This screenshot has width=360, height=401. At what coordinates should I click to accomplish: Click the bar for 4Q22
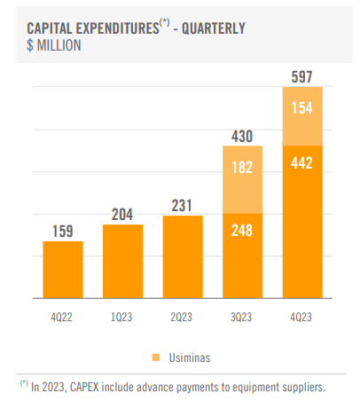(x=63, y=270)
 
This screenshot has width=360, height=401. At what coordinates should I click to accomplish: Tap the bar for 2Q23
(x=183, y=256)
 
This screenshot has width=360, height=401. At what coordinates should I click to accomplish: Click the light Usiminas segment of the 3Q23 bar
(x=243, y=179)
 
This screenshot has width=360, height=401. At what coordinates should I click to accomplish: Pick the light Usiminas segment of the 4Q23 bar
(x=302, y=115)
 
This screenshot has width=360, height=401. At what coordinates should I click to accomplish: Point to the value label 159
(x=63, y=230)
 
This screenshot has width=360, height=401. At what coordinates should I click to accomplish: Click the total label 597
(x=302, y=76)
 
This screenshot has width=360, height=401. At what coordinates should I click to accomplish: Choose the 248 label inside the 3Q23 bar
(x=243, y=230)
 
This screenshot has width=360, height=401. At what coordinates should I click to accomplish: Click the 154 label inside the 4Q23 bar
(x=302, y=107)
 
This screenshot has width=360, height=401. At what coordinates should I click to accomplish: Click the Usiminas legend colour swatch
(x=155, y=357)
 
